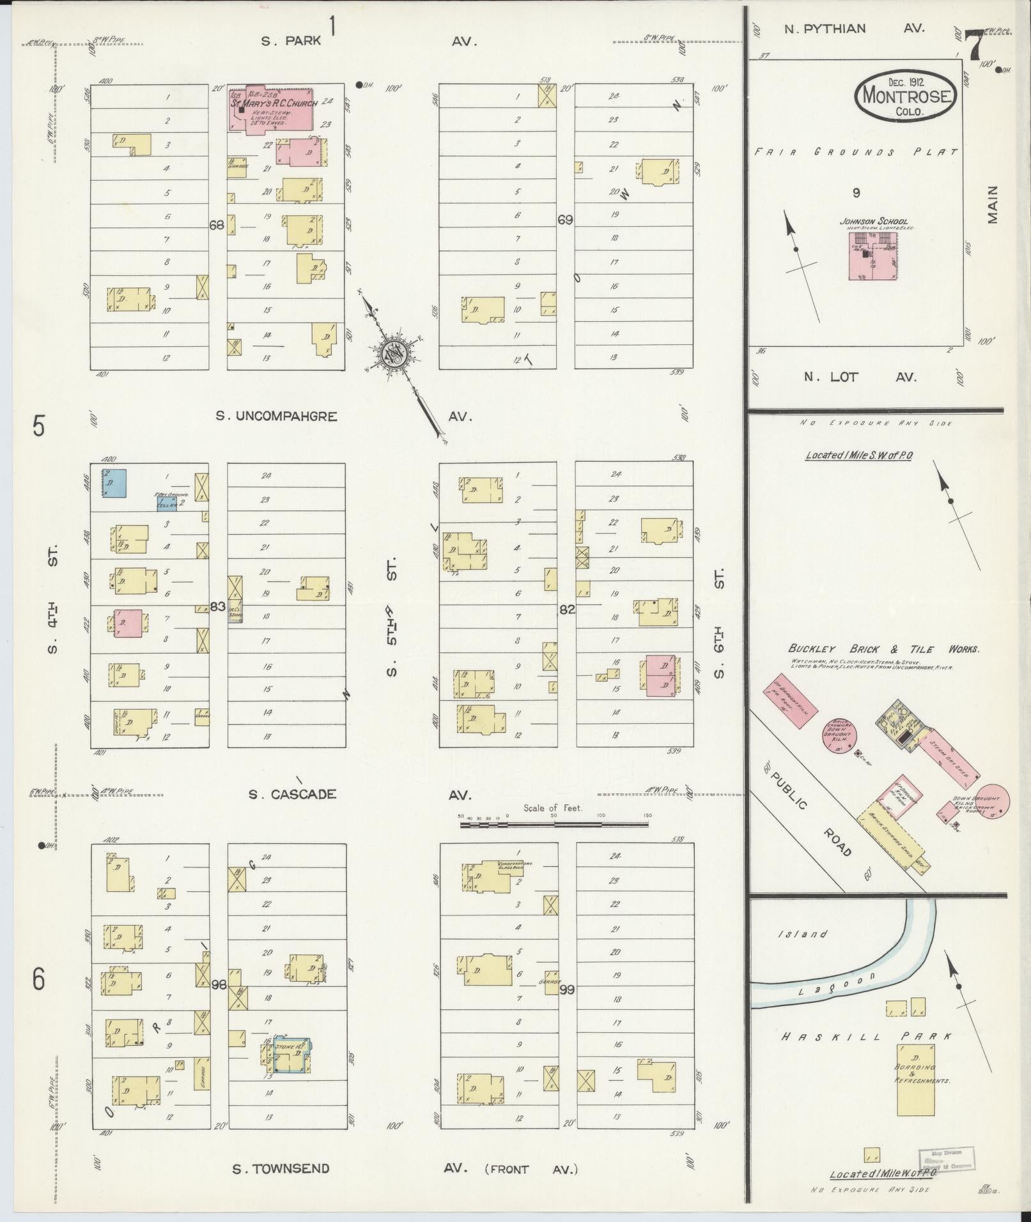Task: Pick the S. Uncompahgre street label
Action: [x=276, y=416]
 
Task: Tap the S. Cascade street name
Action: [x=291, y=795]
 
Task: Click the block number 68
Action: [x=217, y=225]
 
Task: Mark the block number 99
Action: [x=566, y=989]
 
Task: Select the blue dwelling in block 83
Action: [x=114, y=484]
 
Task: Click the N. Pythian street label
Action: [x=825, y=28]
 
